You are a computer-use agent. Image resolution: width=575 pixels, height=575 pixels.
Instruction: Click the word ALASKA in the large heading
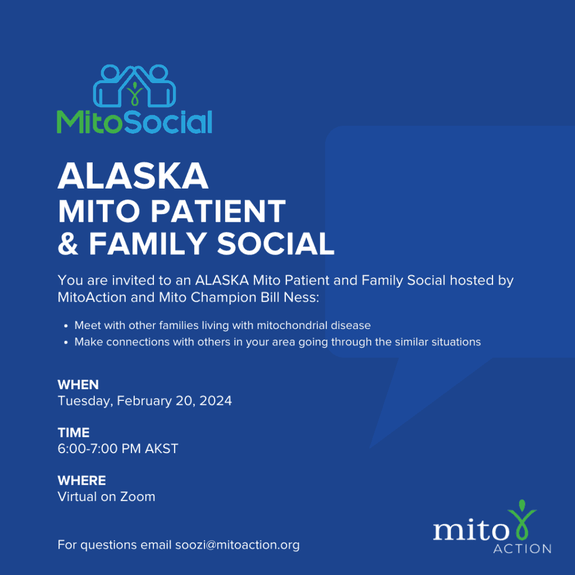click(133, 176)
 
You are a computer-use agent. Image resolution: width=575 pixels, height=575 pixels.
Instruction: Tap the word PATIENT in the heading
click(218, 211)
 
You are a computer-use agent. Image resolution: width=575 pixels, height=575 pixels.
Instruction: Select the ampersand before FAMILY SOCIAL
click(68, 244)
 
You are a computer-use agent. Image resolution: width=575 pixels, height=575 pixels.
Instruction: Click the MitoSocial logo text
click(135, 122)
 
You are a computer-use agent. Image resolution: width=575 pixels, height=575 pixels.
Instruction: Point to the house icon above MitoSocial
click(134, 86)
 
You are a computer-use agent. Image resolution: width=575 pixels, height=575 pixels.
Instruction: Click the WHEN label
click(78, 385)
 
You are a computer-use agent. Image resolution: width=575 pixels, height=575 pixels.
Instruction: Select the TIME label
click(74, 433)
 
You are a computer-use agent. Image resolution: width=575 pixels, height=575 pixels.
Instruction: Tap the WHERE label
click(82, 481)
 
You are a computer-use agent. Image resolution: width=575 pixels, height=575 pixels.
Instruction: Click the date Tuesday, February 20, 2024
click(145, 401)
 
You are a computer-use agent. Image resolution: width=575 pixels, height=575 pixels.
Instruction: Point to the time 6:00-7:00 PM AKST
click(118, 449)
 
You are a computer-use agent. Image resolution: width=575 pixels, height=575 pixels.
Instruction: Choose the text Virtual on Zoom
click(106, 496)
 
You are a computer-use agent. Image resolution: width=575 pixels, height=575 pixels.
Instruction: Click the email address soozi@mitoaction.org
click(238, 545)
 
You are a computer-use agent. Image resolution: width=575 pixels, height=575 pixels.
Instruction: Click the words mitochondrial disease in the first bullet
click(313, 325)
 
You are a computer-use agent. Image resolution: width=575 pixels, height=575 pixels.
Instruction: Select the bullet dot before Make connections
click(66, 343)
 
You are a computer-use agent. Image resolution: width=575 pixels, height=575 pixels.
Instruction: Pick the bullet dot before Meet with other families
click(66, 326)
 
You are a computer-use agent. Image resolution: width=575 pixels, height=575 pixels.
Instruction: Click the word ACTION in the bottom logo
click(522, 549)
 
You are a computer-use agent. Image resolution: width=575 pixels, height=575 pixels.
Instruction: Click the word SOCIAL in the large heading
click(276, 244)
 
